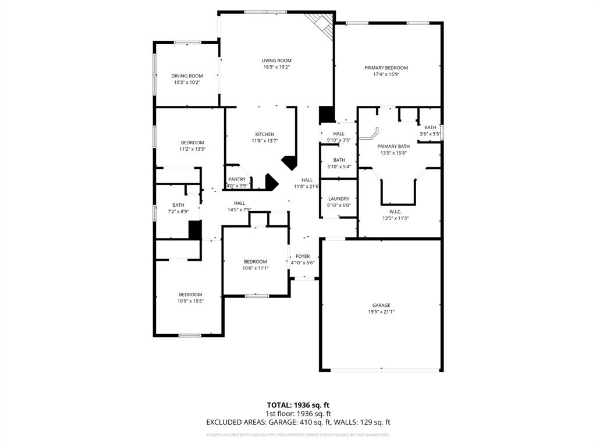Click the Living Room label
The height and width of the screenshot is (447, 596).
coord(276,61)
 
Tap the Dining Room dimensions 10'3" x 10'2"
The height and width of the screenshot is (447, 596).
coord(187,83)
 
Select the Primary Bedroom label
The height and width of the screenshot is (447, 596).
coord(386,68)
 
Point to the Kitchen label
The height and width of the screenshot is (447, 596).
coord(264,134)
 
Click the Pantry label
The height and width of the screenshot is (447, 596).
coord(237,179)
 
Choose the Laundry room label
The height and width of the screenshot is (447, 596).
coord(338,199)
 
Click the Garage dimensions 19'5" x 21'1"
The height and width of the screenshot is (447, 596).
coord(381,312)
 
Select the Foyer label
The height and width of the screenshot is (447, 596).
coord(303,256)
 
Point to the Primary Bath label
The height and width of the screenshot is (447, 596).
coord(393,146)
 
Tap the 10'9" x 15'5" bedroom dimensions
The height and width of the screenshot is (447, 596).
coord(190,301)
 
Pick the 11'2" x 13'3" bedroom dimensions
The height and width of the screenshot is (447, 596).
coord(192,149)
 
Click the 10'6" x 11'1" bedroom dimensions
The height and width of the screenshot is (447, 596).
coord(256,268)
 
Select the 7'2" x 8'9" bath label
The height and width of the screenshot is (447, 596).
coord(178,205)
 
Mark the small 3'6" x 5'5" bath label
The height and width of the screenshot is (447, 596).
coord(430,127)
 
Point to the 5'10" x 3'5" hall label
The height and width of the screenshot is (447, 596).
coord(339,134)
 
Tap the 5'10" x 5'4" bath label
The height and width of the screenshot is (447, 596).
coord(339,160)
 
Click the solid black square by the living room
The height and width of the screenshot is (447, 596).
coord(327,115)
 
